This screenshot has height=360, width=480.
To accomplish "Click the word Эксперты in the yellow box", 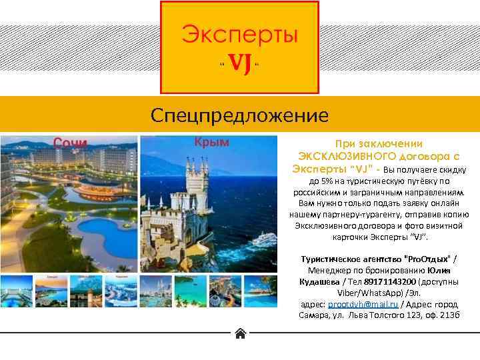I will (x=241, y=35).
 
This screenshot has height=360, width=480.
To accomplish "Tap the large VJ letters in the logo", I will (x=240, y=65).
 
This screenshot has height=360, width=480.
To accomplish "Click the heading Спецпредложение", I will (x=239, y=116).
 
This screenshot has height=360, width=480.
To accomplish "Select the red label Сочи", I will (x=71, y=143).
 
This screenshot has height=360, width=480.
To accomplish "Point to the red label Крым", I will (x=211, y=141).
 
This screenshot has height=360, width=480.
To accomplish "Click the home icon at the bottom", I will (x=240, y=333).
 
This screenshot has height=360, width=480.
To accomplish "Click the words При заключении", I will (x=379, y=143).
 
